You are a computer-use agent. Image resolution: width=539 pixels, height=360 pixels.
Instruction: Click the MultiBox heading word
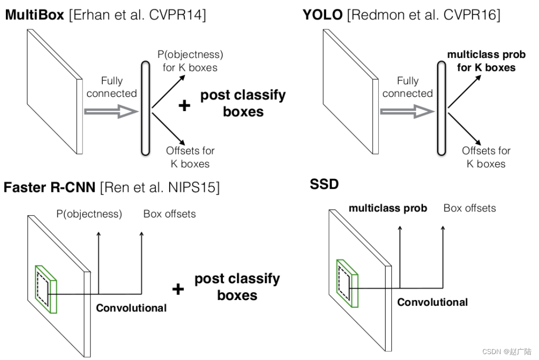(x=34, y=15)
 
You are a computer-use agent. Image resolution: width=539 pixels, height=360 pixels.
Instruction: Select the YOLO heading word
(x=323, y=15)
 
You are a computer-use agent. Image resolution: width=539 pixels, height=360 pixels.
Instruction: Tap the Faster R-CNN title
(x=49, y=187)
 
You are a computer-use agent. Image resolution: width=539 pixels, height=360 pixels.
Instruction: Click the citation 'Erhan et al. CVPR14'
(x=137, y=15)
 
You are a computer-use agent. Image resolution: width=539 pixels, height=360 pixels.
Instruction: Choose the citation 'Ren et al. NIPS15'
(x=160, y=187)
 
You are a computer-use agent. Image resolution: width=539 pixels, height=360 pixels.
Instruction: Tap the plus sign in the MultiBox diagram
(x=184, y=105)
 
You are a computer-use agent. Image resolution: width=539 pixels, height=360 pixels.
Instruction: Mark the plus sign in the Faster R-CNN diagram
(x=178, y=289)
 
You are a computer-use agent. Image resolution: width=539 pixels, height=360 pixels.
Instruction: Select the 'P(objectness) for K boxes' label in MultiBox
(x=189, y=60)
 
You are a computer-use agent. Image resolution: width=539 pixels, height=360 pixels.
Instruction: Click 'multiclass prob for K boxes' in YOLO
(x=486, y=61)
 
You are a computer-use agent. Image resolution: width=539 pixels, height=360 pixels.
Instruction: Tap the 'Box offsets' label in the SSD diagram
(x=470, y=208)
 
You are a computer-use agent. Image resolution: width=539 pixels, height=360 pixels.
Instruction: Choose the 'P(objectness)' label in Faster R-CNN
(x=89, y=214)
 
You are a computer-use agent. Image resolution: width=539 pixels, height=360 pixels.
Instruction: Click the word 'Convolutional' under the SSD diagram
(x=432, y=302)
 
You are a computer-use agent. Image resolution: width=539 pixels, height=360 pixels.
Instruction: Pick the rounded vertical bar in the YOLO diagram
(x=442, y=109)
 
